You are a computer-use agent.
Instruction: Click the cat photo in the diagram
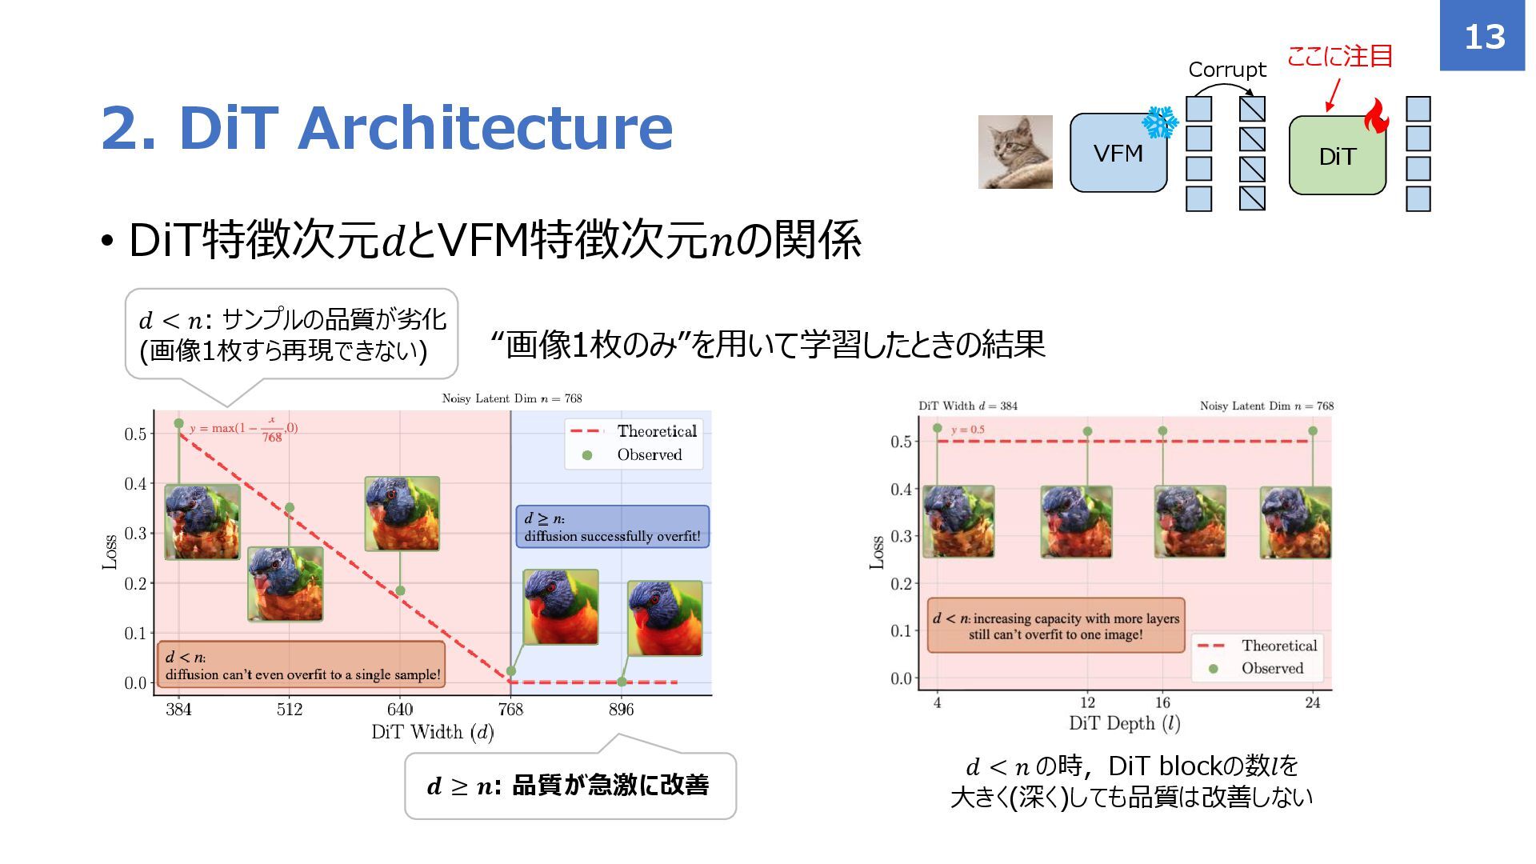tap(1015, 152)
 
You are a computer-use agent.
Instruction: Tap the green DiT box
tap(1337, 156)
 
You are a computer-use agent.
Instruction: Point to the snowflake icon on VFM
tap(1159, 122)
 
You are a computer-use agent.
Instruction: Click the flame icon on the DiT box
tap(1376, 117)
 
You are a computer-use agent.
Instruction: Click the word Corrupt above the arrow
tap(1227, 70)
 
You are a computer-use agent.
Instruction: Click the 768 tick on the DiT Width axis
tap(510, 710)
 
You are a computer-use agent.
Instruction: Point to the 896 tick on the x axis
tap(621, 710)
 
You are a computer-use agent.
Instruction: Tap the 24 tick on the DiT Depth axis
tap(1313, 703)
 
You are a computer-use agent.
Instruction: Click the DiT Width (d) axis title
tap(432, 732)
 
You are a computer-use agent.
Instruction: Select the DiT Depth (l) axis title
tap(1125, 724)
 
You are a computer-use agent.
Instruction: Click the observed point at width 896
tap(622, 682)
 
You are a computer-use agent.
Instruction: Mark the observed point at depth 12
tap(1087, 431)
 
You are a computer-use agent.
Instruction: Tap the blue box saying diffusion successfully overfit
tap(612, 527)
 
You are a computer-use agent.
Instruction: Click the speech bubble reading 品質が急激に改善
tap(570, 786)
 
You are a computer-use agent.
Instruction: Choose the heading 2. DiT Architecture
tap(387, 128)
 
